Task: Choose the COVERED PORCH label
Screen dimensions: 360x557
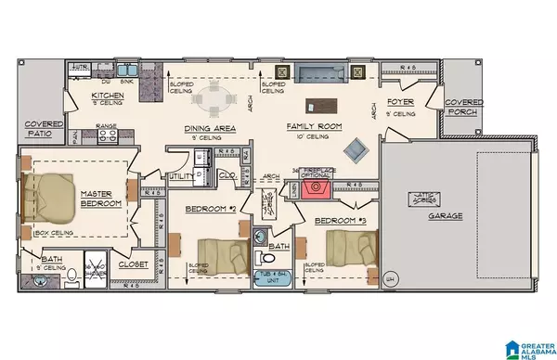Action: pos(462,109)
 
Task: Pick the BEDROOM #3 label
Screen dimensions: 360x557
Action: pos(338,221)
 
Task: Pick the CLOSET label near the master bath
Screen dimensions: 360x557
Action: pos(132,264)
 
